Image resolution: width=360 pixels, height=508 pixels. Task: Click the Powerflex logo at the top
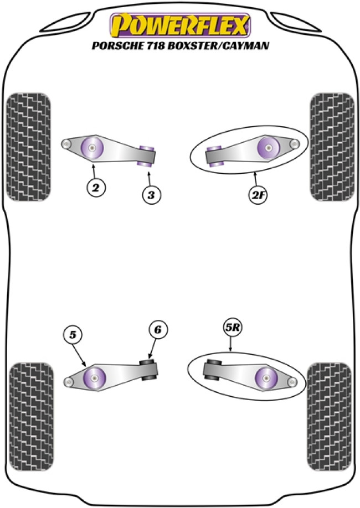point(180,25)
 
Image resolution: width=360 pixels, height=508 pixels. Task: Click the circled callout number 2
point(96,188)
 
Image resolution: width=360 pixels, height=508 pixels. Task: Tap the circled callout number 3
point(150,194)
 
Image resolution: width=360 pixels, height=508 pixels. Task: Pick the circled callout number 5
point(72,334)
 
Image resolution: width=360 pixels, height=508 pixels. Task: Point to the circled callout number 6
point(157,330)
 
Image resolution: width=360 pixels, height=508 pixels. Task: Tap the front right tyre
point(331,147)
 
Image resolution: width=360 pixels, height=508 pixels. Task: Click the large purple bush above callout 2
point(92,147)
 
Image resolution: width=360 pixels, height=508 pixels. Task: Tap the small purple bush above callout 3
point(147,154)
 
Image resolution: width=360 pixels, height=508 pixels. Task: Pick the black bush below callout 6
point(148,369)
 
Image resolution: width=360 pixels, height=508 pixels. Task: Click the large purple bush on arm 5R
point(267,378)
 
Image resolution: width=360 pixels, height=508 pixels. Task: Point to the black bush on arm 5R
point(214,370)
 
